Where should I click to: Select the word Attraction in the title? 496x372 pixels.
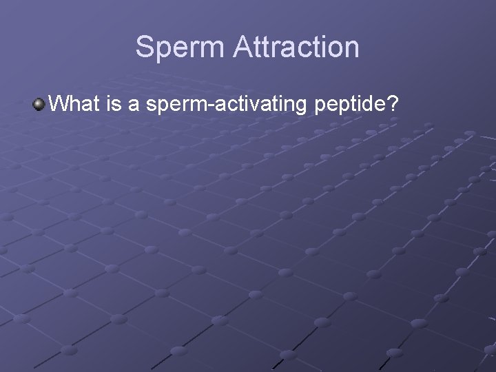[296, 47]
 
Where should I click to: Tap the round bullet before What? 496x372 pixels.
[39, 105]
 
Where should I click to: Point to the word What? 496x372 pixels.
[76, 105]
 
